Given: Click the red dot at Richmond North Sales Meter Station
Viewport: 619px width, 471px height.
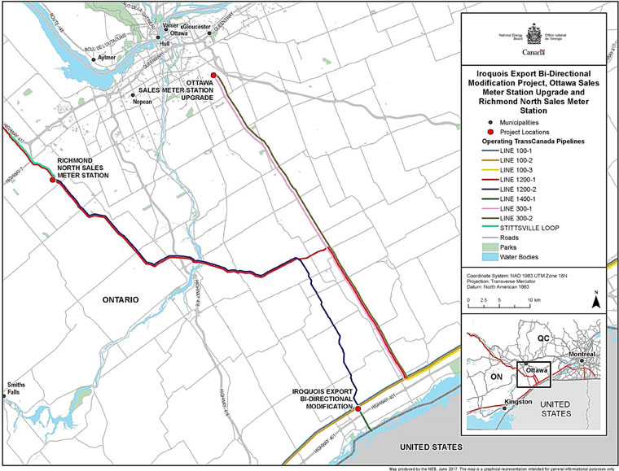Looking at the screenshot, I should pos(52,181).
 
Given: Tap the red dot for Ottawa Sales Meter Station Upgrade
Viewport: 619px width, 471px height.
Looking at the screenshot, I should pos(213,76).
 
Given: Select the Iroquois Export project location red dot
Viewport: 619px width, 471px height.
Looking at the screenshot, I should pos(358,409).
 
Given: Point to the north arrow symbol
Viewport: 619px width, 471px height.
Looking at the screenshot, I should pos(597,299).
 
